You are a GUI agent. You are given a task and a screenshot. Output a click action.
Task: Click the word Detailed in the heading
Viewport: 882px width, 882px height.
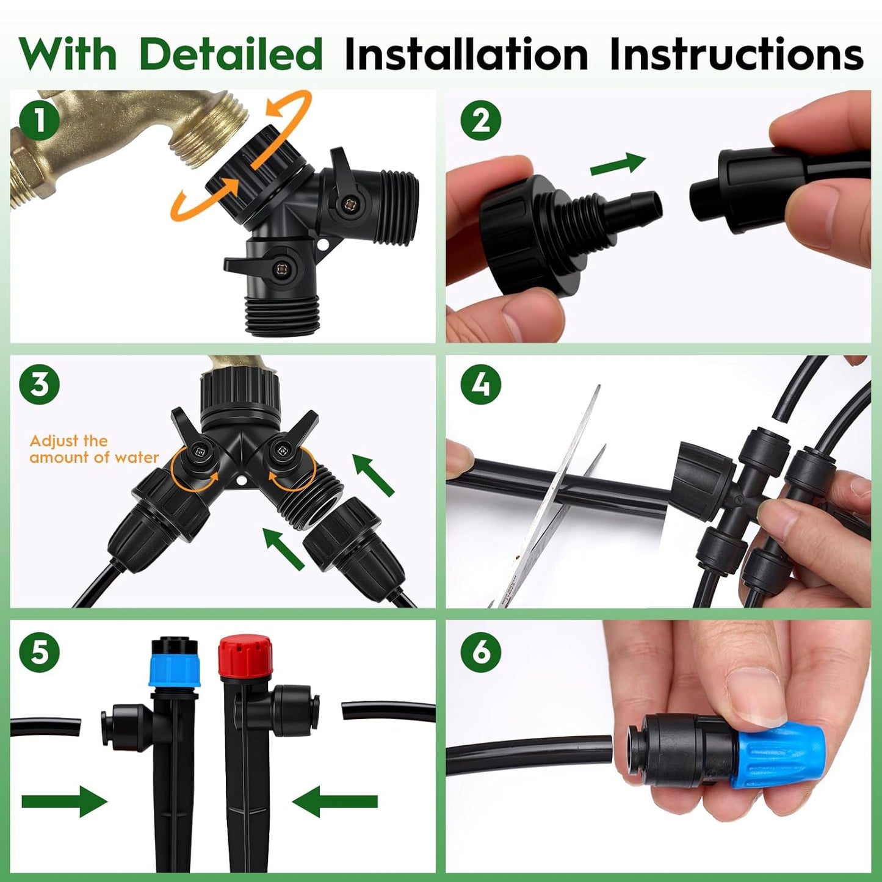point(231,54)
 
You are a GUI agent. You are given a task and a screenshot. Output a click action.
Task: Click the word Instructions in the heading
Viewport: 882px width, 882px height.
point(736,54)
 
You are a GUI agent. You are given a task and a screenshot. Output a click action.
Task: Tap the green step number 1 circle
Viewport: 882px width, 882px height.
point(39,120)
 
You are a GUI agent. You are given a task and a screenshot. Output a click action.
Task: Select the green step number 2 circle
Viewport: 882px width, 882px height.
point(480,120)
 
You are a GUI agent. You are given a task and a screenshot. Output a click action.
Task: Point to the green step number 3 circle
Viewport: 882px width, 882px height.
point(39,385)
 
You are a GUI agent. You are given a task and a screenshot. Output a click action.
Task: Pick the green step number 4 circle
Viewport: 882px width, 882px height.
point(480,385)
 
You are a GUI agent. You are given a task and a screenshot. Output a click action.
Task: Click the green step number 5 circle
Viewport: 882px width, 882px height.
point(39,652)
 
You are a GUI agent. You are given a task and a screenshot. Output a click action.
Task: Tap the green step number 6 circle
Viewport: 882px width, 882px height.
point(480,652)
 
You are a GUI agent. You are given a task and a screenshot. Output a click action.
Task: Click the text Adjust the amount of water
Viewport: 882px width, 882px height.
point(93,449)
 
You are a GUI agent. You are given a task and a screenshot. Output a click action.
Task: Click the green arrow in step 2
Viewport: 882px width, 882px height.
point(618,164)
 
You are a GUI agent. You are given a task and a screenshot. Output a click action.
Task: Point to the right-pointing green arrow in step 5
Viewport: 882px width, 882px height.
point(64,801)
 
